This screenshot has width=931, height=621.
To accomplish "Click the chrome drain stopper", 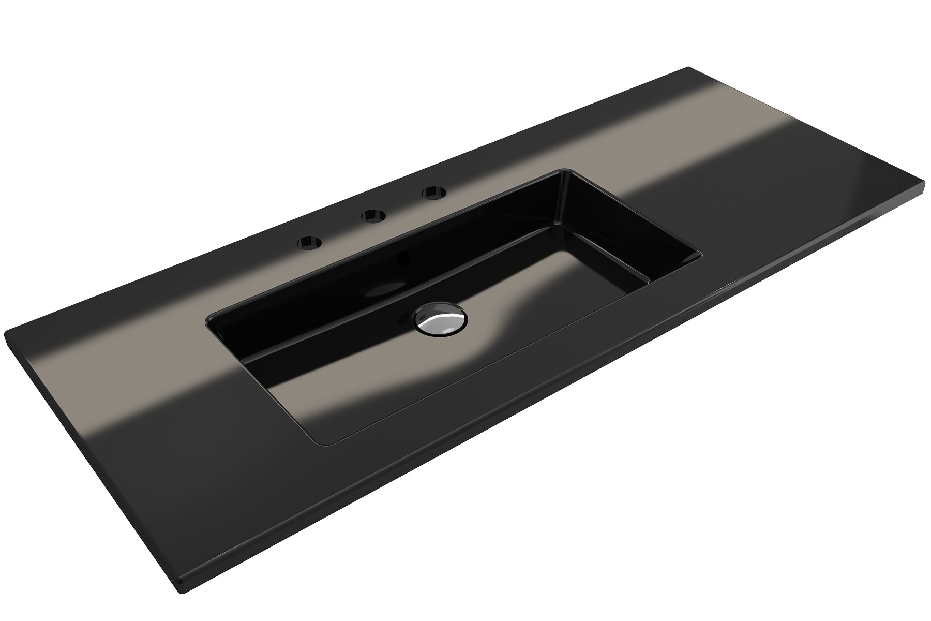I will pos(440,320).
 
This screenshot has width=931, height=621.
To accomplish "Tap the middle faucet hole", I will pos(373,215).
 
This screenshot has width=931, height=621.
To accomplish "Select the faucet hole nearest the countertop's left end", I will pos(309,242).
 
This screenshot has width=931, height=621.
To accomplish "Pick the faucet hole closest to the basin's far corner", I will pos(433,194).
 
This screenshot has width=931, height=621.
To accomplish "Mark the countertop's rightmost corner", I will pos(924,182).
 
